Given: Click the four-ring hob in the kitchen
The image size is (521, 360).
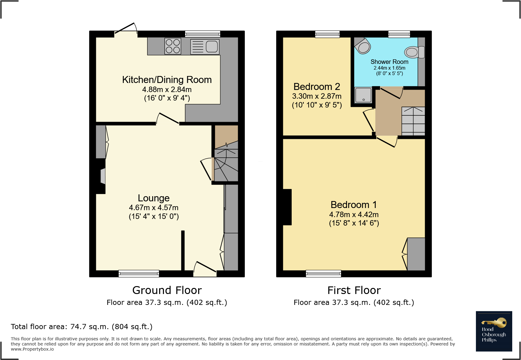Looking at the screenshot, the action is tap(173, 46).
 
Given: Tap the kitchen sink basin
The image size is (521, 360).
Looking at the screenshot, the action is tap(212, 47).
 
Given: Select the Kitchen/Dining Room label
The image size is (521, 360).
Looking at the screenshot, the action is tap(167, 80).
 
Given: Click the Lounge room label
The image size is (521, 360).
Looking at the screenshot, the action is tap(154, 198).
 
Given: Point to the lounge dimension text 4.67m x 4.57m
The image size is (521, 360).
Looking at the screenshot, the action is tap(154, 208).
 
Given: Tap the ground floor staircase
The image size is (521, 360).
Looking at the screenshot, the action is tap(226, 165).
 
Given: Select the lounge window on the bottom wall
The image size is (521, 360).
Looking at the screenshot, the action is tap(139, 273).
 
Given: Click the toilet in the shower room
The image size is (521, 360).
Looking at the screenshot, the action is tap(415, 52).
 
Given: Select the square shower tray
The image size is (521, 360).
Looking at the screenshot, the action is tap(363, 95).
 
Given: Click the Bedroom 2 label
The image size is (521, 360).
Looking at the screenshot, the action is tap(317, 87).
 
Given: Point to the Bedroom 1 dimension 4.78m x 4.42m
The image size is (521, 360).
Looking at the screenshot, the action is tap(354, 215).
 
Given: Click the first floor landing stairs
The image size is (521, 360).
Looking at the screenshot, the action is tap(413, 121).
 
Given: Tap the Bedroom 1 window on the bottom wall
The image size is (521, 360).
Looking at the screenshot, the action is tap(323, 273).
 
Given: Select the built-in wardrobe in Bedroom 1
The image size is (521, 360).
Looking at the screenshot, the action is tap(416, 254).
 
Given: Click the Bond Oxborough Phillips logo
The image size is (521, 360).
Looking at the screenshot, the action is tap(494, 331).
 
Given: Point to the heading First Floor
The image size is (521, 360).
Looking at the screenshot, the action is tap(354, 290).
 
